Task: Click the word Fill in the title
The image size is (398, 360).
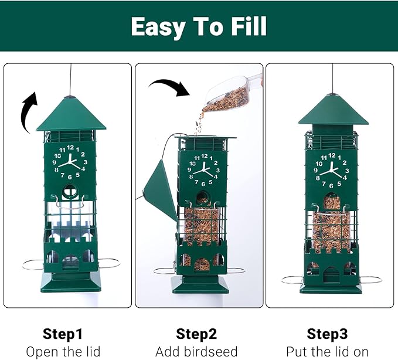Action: (x=241, y=26)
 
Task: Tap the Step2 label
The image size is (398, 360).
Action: (x=196, y=334)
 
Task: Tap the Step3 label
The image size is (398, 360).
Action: (x=328, y=334)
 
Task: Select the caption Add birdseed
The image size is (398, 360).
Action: (x=196, y=352)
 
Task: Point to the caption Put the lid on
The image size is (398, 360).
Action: (x=328, y=352)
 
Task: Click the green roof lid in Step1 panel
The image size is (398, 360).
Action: (x=71, y=114)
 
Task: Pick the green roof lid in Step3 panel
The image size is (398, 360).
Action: (x=333, y=111)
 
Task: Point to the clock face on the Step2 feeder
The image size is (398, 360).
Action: (x=203, y=169)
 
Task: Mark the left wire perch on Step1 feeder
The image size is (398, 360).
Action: (x=33, y=265)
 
